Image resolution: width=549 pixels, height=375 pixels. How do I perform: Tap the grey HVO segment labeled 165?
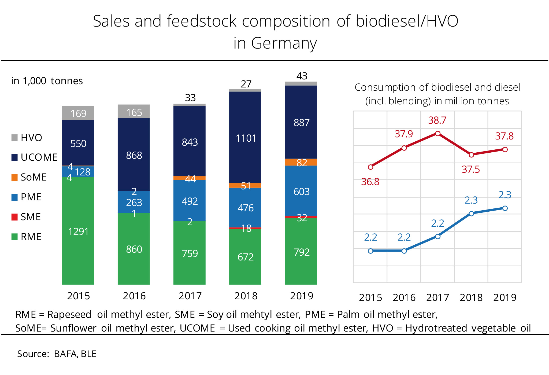pos(133,112)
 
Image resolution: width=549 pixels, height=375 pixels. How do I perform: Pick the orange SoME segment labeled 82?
pos(301,162)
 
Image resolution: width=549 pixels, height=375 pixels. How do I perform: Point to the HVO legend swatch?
pos(14,138)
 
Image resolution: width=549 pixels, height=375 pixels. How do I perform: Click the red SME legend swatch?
pos(14,217)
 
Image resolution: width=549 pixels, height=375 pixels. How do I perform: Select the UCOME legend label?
pos(39,157)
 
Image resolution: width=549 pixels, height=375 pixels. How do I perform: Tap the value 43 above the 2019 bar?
pos(302,76)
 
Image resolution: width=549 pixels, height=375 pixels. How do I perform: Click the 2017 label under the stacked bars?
pos(190,296)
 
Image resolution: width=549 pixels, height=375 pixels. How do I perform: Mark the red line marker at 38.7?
pos(438,133)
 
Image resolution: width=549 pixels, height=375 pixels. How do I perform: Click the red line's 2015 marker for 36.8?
pos(370,167)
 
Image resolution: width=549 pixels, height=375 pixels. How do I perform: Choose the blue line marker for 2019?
pos(505,208)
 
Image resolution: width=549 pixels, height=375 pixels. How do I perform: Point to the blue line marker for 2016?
pos(404,251)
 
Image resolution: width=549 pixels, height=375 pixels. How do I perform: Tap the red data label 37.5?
pos(471,170)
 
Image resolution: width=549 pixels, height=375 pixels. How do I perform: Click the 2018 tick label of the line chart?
pos(471,297)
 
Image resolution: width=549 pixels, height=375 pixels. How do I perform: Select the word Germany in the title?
pos(284,43)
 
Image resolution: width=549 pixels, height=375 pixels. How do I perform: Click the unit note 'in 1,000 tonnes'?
pos(47,81)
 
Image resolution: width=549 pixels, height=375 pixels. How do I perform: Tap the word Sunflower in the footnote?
pos(73,328)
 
